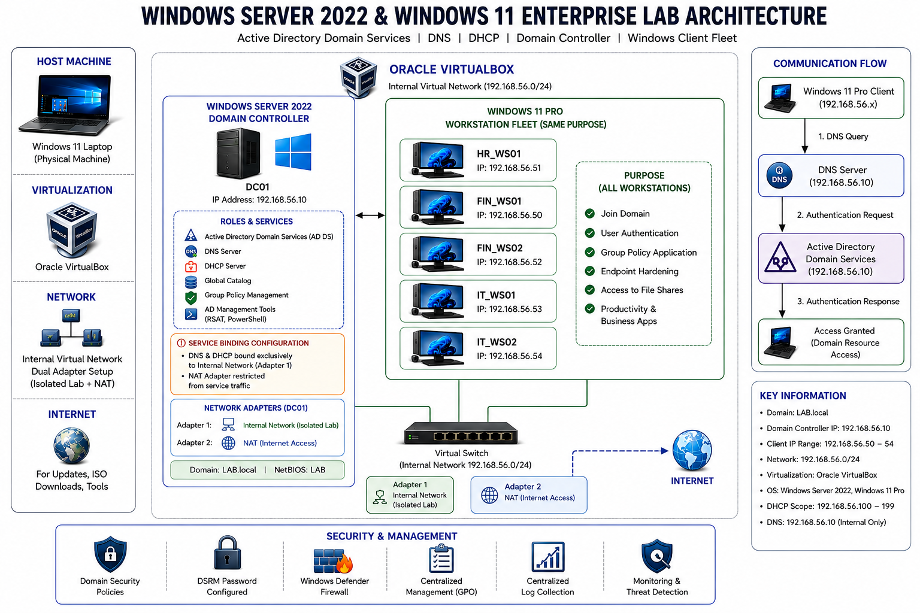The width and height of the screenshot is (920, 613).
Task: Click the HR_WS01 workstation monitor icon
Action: point(438,160)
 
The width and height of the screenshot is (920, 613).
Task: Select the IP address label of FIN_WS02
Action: point(509,262)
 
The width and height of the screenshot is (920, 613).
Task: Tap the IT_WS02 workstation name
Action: point(497,342)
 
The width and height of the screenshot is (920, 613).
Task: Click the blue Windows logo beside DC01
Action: point(293,151)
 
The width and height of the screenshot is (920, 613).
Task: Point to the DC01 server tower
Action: point(238,153)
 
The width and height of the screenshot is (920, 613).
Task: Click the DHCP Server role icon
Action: point(190,266)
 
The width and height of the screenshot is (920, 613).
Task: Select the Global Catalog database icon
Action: point(190,281)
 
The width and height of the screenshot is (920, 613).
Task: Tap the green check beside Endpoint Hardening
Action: point(590,271)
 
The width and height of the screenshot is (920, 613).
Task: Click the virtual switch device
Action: point(461,433)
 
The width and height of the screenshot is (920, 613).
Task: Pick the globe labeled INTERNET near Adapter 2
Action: point(692,450)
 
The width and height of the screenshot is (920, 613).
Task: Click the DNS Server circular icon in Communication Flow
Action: point(779,175)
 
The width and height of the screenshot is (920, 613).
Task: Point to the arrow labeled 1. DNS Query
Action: point(804,136)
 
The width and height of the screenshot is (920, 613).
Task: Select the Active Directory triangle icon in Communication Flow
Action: point(780,258)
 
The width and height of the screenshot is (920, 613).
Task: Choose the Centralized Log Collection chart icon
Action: point(548,557)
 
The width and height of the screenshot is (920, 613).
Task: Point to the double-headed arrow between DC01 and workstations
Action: point(370,215)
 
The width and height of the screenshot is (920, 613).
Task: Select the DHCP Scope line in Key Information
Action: point(830,506)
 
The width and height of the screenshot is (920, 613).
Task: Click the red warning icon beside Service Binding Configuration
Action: point(181,343)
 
